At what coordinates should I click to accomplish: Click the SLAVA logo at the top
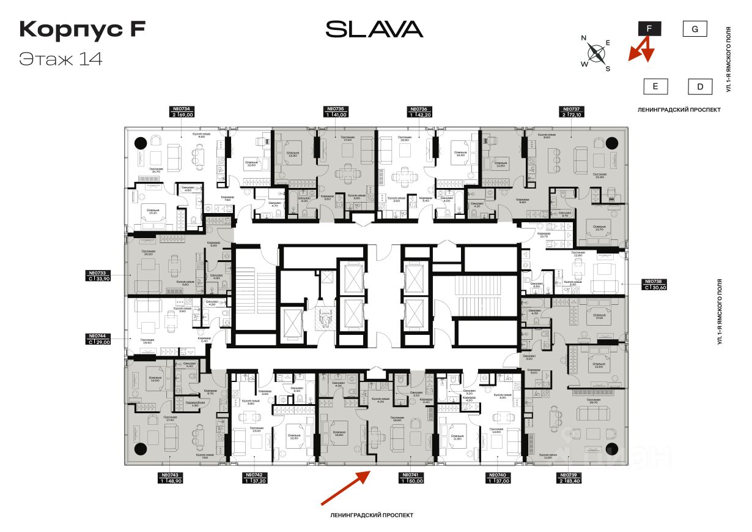(374, 29)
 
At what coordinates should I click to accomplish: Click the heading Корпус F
(82, 29)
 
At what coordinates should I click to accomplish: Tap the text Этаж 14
(61, 59)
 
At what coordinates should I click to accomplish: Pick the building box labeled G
(695, 29)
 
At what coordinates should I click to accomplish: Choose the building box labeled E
(655, 86)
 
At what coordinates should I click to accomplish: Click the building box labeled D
(700, 86)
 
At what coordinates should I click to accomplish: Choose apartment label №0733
(98, 274)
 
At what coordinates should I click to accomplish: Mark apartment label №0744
(98, 336)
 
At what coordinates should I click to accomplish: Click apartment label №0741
(411, 475)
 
